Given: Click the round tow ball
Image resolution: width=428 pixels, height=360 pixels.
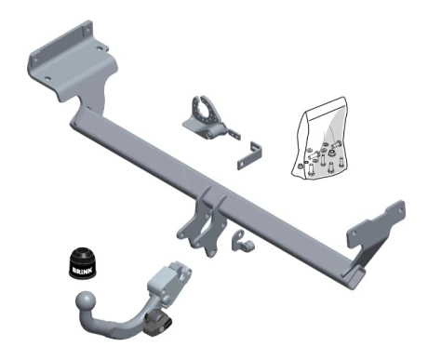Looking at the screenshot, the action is point(86,300).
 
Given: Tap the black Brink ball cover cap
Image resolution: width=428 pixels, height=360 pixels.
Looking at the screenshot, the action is point(82,262).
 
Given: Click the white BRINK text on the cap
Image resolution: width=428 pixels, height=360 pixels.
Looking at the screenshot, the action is point(82,271).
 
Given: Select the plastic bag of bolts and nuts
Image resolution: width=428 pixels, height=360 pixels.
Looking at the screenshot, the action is point(320,139).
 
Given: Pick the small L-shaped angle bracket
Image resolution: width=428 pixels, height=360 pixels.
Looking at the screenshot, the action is point(250,155).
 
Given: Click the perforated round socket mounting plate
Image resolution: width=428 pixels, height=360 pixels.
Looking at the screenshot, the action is point(206,113).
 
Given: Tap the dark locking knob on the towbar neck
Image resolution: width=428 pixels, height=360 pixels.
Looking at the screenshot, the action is point(157,323).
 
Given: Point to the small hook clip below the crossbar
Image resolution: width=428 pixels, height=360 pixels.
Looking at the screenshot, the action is point(242,241).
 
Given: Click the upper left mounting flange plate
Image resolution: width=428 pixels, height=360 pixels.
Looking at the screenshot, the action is point(73,63).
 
